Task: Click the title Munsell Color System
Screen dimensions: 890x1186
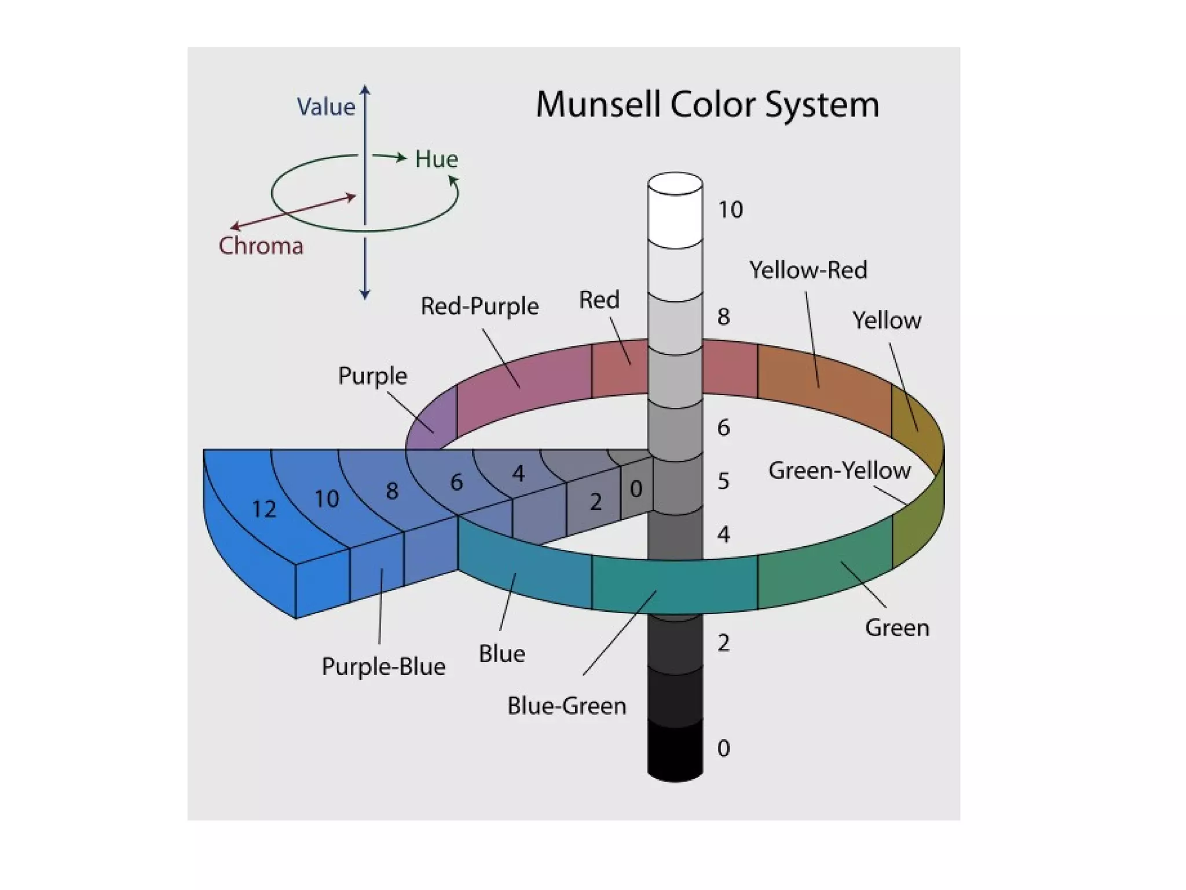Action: coord(707,105)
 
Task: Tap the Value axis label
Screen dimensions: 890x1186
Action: coord(325,107)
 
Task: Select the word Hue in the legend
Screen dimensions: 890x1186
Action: coord(437,159)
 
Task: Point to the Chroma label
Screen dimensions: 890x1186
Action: coord(261,246)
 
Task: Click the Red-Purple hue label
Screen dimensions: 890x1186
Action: coord(479,306)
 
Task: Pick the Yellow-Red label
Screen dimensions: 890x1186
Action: coord(808,270)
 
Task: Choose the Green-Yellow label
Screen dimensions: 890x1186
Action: coord(839,470)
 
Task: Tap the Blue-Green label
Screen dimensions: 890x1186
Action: coord(566,706)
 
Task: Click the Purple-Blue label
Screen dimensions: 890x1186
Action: coord(383,666)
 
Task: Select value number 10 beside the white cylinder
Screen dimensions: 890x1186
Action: coord(730,210)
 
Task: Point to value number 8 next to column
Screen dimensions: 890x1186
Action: coord(723,317)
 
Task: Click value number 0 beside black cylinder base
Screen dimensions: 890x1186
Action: coord(723,749)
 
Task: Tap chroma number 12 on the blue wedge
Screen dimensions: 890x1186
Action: coord(264,509)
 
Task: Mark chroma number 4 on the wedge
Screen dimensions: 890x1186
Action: coord(518,474)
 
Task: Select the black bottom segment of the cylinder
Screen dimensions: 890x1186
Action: coord(675,750)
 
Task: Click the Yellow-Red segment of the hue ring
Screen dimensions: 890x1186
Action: coord(822,377)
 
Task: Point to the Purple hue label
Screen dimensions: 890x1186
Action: coord(372,375)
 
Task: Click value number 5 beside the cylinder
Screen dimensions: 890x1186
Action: coord(723,481)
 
